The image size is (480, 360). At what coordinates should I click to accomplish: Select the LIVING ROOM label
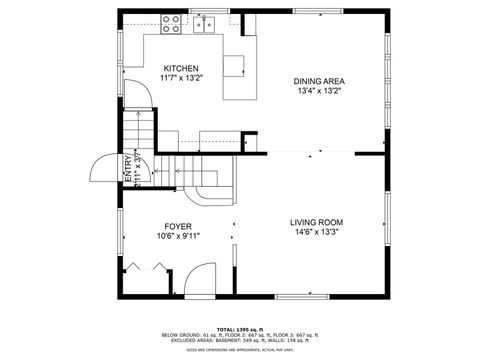point(316,222)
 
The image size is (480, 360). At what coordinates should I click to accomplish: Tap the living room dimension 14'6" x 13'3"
point(316,232)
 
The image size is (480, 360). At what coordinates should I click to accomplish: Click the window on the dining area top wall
point(320,11)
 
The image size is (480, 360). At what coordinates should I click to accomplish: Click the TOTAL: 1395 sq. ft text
point(239,328)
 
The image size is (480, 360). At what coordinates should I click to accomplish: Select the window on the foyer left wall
point(119,230)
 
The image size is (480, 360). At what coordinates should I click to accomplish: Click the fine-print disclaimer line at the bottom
point(239,350)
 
